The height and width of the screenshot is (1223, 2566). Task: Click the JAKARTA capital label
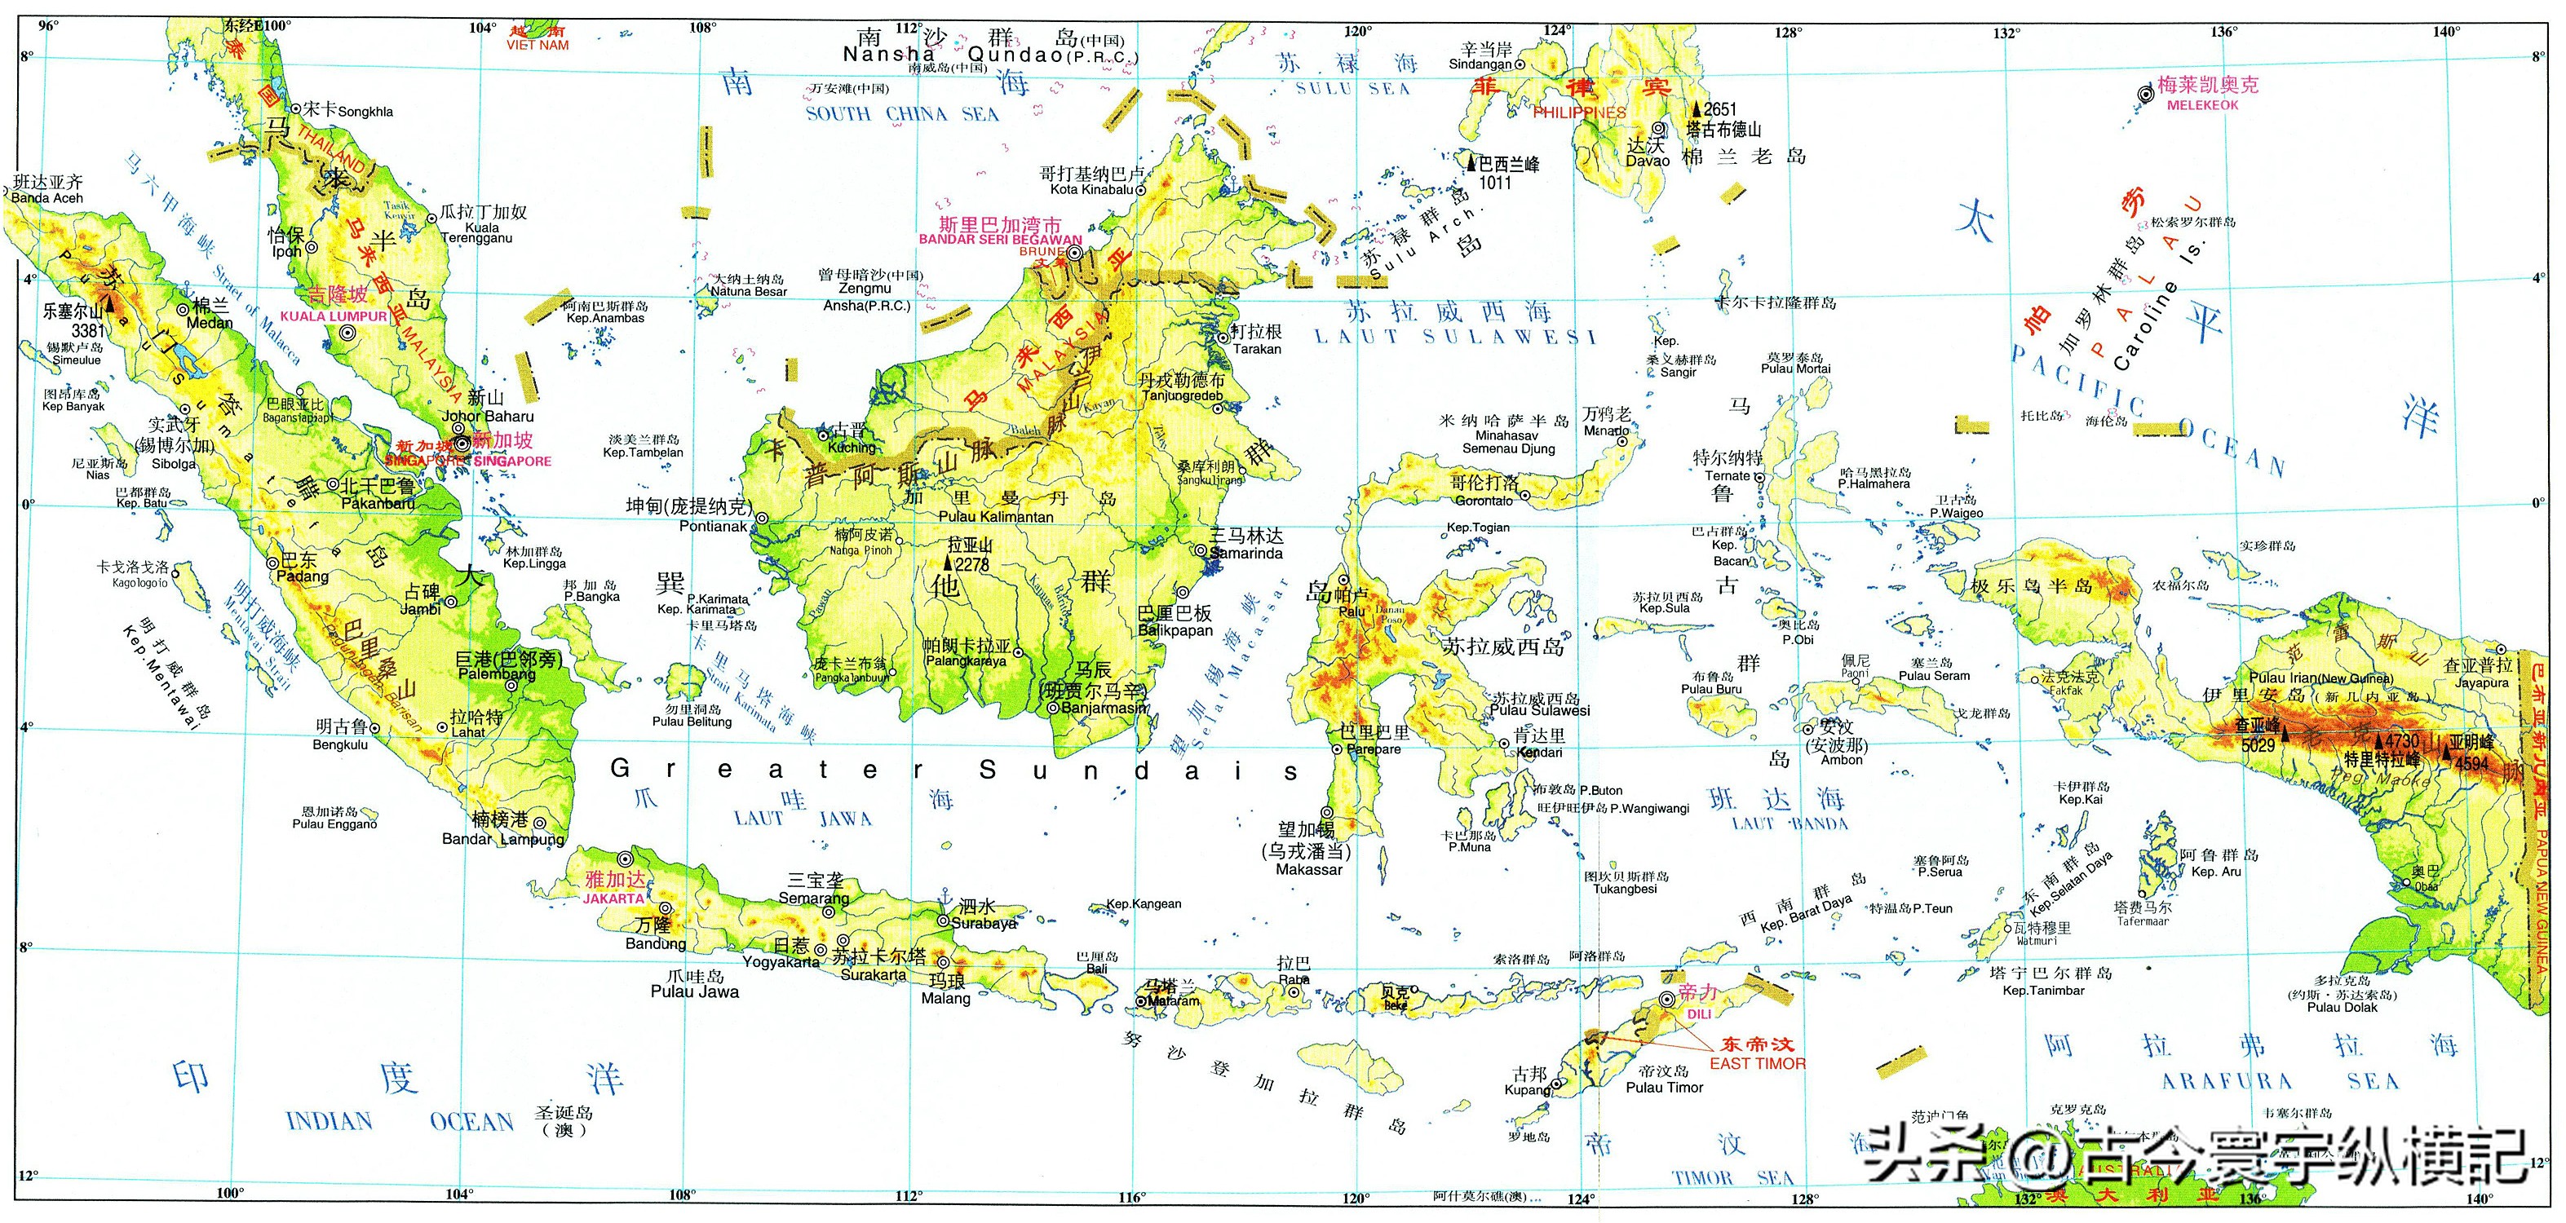point(613,898)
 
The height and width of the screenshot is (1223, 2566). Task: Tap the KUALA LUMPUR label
point(334,316)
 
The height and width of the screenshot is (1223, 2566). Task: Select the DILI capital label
point(1698,1013)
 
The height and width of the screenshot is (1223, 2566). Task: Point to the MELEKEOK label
point(2202,104)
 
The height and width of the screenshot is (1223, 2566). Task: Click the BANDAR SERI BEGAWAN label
point(999,239)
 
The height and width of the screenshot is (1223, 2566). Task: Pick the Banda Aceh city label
point(48,198)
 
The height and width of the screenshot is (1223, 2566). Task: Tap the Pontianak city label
point(713,526)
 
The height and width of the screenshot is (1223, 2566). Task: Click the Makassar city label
point(1309,869)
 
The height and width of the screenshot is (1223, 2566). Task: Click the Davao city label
point(1648,161)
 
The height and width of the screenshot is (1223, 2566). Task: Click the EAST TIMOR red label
point(1757,1064)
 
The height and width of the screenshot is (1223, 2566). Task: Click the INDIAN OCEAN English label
point(400,1121)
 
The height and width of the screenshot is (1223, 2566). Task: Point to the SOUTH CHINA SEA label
point(901,113)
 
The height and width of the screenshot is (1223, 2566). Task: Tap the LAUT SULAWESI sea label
point(1454,337)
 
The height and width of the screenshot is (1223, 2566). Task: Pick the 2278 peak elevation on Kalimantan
point(972,565)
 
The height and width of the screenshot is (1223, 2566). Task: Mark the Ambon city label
point(1842,760)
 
